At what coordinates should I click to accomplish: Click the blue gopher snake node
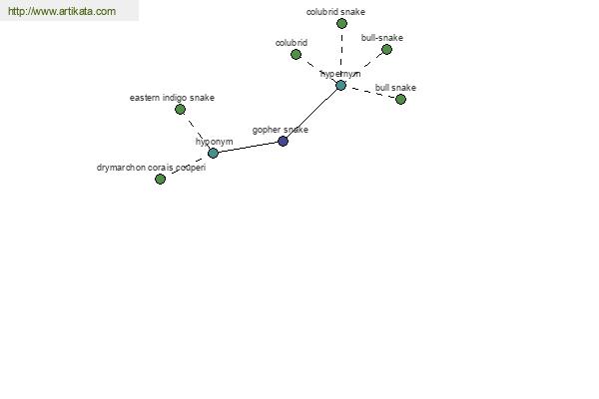click(283, 141)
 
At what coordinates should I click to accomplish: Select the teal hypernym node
click(340, 85)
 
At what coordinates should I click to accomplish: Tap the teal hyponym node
click(213, 153)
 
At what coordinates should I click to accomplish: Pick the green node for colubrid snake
click(341, 23)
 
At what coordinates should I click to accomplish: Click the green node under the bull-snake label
click(386, 49)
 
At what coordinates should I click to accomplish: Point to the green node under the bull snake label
click(400, 99)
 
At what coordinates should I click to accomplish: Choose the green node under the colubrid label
click(296, 54)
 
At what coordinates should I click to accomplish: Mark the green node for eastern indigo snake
click(180, 109)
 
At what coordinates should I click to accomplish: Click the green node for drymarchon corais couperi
click(160, 179)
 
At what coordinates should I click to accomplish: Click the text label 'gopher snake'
click(280, 130)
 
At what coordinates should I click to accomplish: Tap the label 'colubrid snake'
click(335, 12)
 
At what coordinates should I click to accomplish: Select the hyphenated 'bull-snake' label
click(382, 38)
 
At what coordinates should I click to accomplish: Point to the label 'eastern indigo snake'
click(172, 98)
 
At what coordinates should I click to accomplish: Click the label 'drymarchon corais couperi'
click(151, 168)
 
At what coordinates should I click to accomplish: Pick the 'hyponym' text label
click(214, 142)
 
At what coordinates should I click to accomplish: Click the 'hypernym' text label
click(340, 74)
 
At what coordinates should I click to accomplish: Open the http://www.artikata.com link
click(61, 12)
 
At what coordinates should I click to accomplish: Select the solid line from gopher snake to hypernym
click(311, 113)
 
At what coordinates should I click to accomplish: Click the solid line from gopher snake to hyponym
click(248, 147)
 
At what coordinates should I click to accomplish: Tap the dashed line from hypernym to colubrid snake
click(341, 54)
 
